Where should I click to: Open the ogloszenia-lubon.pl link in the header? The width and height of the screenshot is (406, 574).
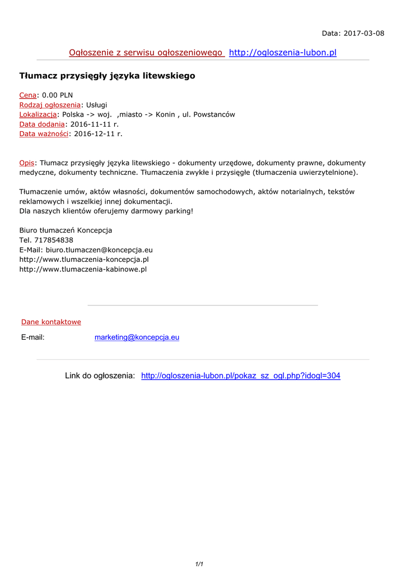(x=283, y=53)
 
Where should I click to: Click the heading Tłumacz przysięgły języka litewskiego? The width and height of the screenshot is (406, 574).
(x=108, y=76)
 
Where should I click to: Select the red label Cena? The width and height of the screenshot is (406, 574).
(x=28, y=95)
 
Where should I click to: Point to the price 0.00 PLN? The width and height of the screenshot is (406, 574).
(x=58, y=95)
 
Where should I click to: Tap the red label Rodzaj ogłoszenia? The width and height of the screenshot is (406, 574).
(x=50, y=105)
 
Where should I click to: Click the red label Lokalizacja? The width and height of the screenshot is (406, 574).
(x=38, y=114)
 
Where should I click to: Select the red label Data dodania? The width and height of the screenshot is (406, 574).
(x=42, y=124)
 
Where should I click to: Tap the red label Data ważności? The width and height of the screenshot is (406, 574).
(x=44, y=134)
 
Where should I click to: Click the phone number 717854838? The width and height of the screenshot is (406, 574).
(x=54, y=240)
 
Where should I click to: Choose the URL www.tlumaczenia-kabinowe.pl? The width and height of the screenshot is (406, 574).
(x=83, y=269)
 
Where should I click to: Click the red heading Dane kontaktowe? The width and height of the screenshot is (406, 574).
(x=51, y=322)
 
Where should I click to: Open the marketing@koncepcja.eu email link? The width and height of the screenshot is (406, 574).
(x=137, y=337)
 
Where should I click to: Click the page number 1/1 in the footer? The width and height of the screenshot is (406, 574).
(x=199, y=564)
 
